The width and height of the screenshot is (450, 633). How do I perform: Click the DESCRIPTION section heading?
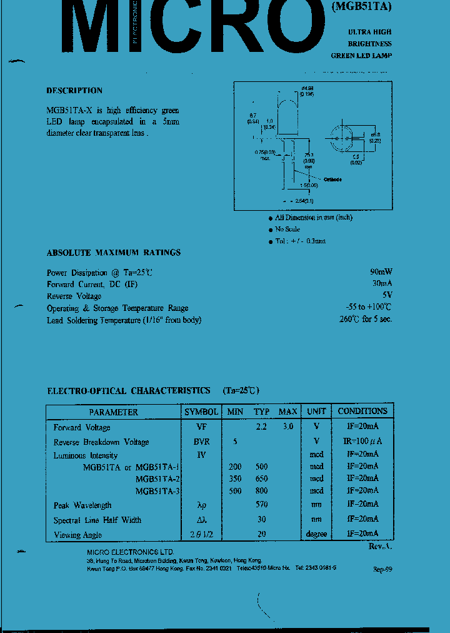coord(74,91)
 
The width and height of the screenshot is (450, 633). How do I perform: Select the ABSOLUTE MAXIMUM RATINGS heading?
coord(114,253)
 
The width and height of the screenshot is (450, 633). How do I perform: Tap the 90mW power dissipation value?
coord(381,272)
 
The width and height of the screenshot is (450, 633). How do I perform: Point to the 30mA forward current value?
coord(382,284)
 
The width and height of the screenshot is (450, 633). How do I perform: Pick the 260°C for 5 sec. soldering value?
coord(366,320)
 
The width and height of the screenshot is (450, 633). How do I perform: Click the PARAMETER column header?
coord(113,412)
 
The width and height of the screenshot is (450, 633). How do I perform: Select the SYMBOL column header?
coord(201,412)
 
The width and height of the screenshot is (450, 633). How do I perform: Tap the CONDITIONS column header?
coord(362,412)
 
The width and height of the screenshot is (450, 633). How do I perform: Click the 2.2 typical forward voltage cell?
coord(262,427)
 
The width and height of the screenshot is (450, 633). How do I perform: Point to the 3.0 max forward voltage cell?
coord(287,427)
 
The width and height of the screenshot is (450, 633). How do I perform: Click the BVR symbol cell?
coord(201,442)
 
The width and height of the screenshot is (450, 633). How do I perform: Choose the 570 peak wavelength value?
coord(262,505)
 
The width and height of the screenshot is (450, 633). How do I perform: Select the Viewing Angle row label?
coord(77,535)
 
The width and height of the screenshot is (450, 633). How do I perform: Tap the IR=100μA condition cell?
coord(362,442)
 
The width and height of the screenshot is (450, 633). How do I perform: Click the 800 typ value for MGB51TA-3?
coord(262,491)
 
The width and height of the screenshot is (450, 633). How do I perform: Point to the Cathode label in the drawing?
coord(332,180)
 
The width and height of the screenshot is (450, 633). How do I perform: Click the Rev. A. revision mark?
coord(379,546)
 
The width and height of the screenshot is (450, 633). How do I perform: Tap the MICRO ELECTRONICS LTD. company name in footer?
coord(130,552)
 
